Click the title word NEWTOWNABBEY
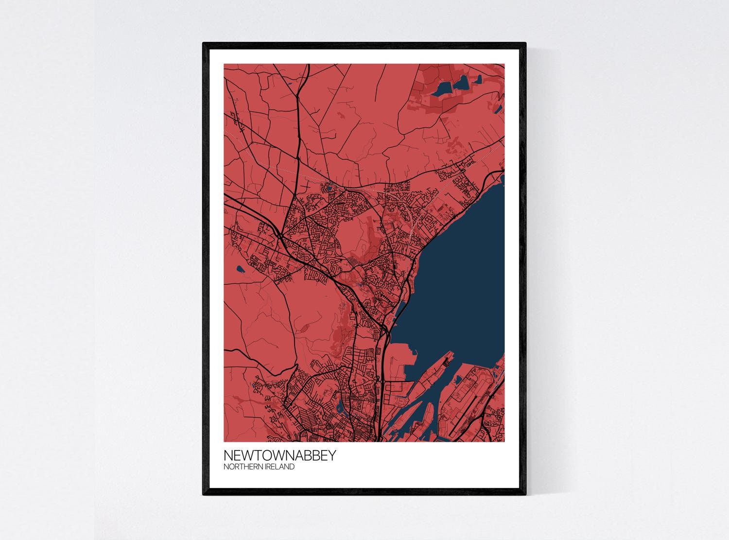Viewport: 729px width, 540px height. (x=273, y=456)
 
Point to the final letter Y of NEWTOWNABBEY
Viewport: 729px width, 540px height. (x=317, y=456)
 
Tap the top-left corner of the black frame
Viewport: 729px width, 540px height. (x=204, y=44)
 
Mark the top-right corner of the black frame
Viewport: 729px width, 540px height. (x=526, y=44)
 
